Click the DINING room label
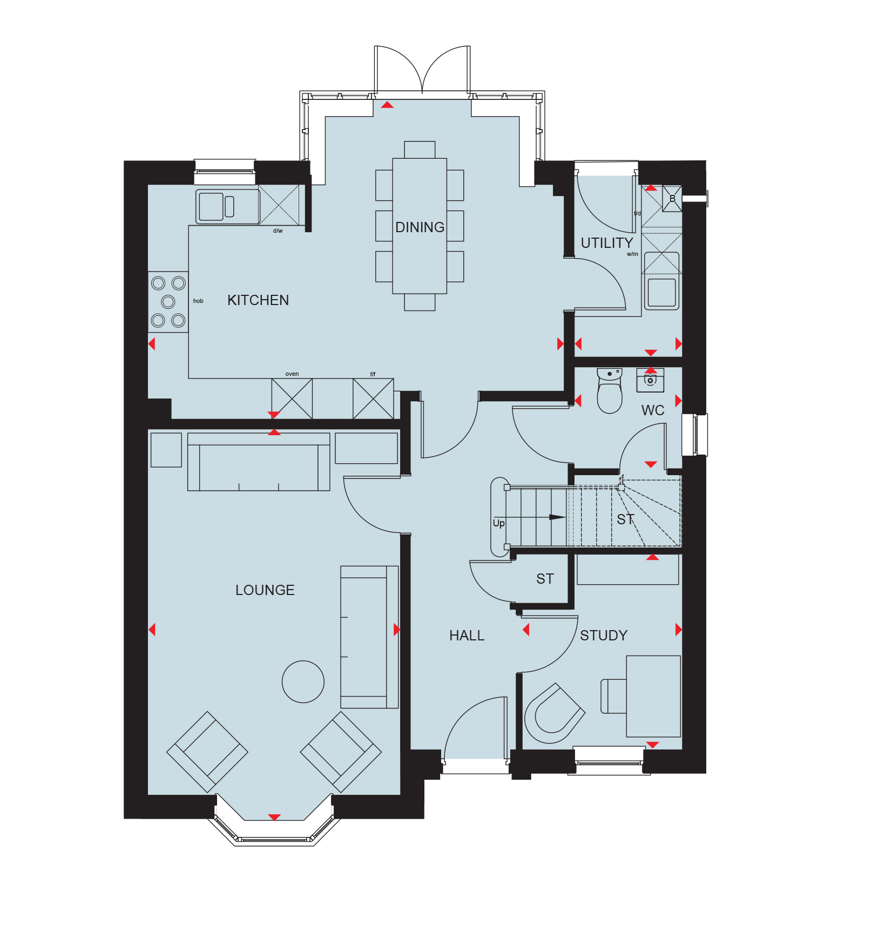click(420, 227)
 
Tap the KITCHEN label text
click(258, 300)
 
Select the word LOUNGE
click(265, 590)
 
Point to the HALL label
click(467, 636)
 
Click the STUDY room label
click(604, 636)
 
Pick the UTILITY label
click(606, 243)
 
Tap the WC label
click(653, 410)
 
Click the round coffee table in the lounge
click(303, 682)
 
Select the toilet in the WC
click(610, 391)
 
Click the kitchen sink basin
click(211, 206)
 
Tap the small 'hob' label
click(198, 301)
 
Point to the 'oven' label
click(292, 374)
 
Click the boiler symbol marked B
click(672, 199)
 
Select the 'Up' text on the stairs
click(498, 523)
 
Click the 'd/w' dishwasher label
click(278, 231)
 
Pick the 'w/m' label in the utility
click(632, 254)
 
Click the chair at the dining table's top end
click(420, 150)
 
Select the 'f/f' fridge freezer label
click(373, 374)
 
